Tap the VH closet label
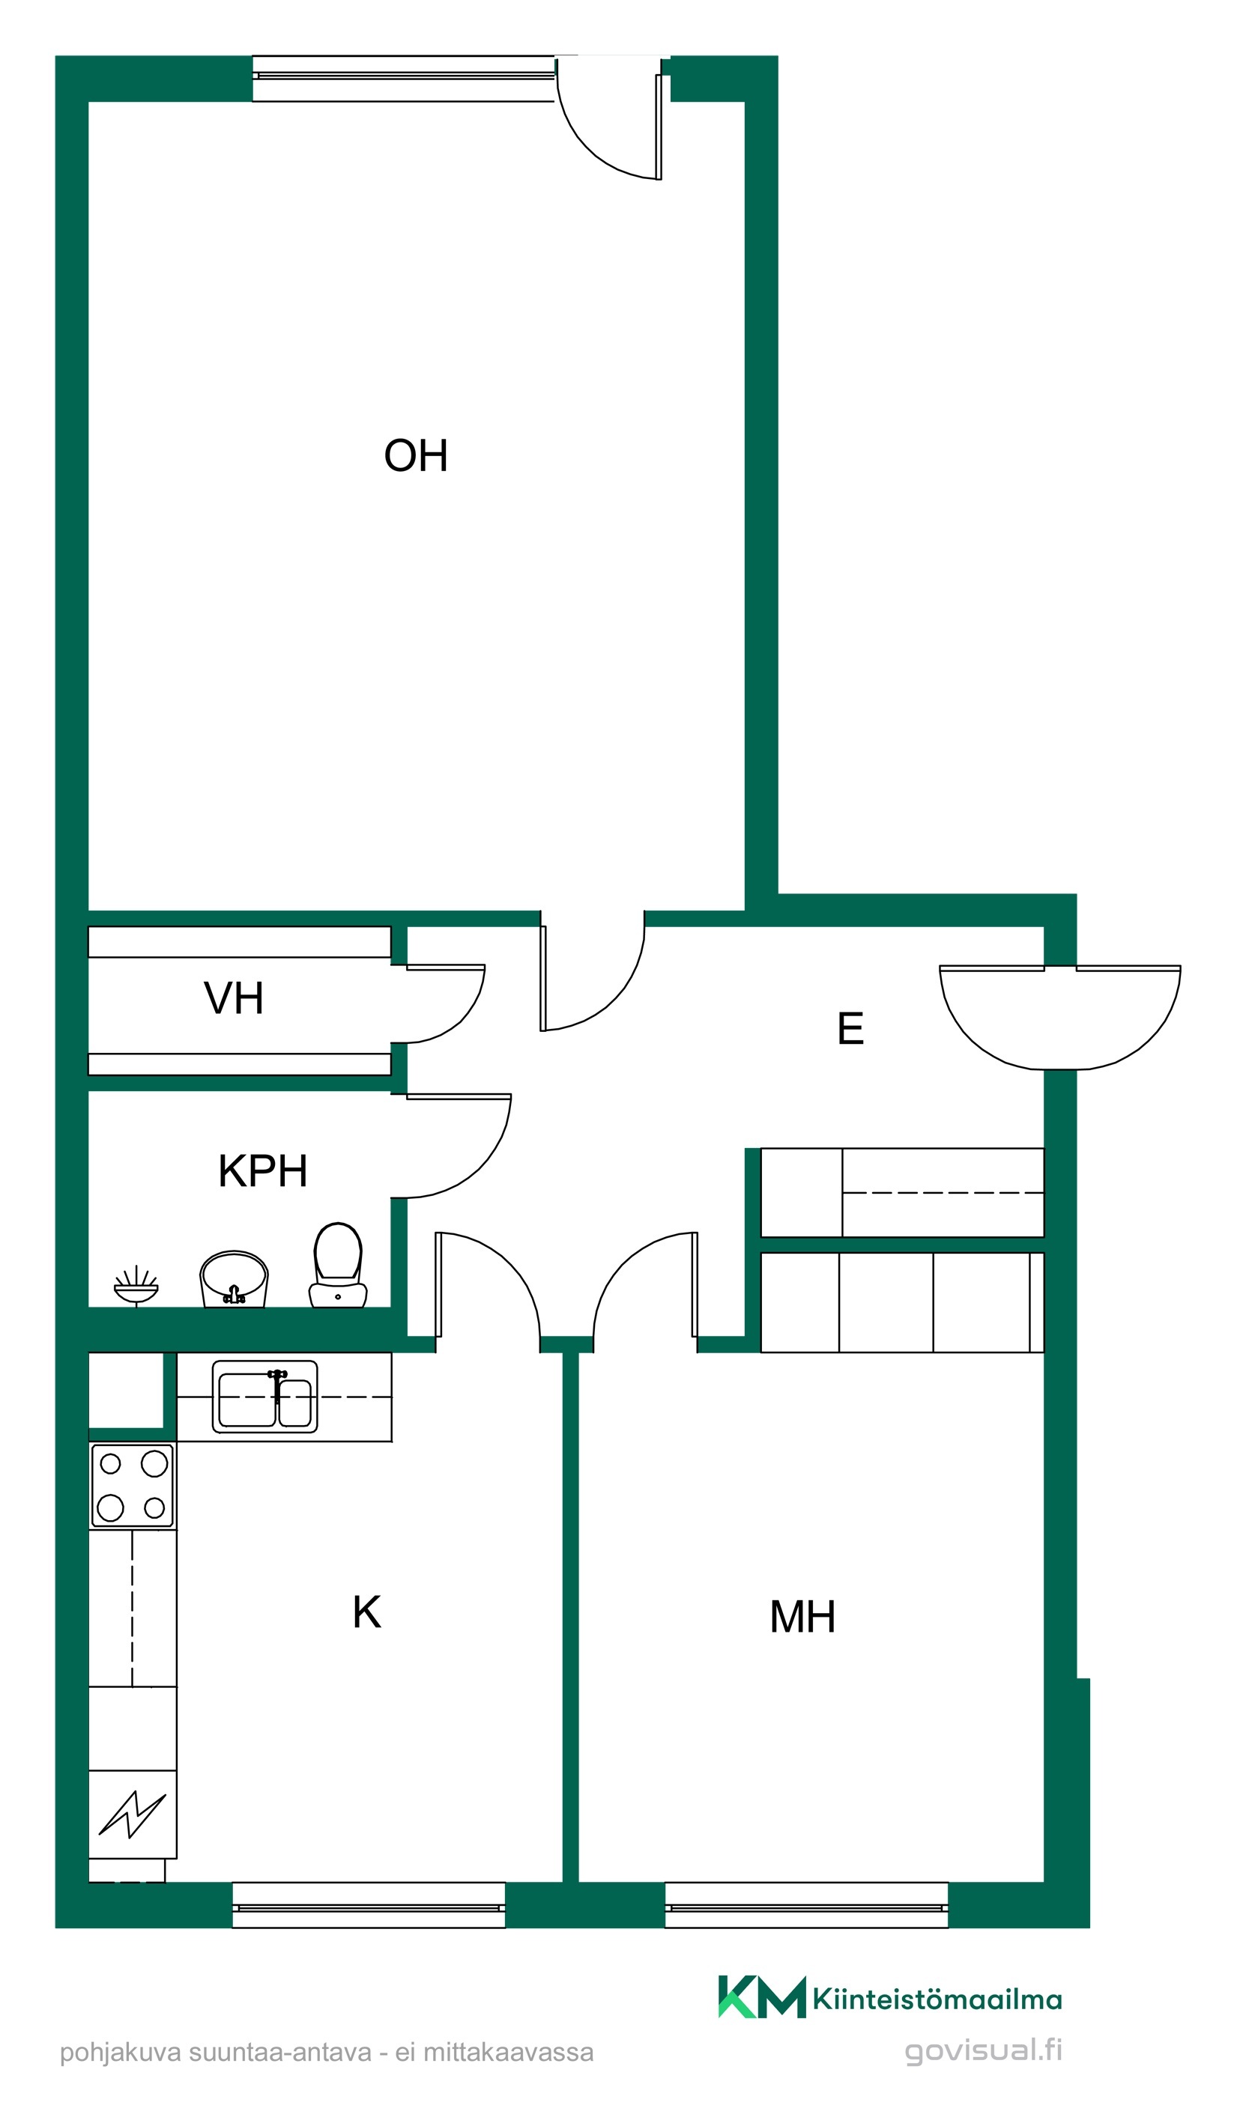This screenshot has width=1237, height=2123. (234, 997)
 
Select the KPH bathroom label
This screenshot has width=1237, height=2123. (263, 1170)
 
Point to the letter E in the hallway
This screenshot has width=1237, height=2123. (850, 1027)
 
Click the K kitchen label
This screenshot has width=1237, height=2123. (366, 1612)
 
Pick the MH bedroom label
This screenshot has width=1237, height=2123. (802, 1617)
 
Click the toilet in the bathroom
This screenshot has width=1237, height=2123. (338, 1265)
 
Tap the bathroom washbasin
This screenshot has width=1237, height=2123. (234, 1278)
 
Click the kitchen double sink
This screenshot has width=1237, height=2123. (264, 1396)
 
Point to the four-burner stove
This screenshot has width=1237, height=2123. (133, 1485)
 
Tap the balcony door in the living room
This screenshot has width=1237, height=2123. (608, 118)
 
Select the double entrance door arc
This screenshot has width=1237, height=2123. (1060, 1018)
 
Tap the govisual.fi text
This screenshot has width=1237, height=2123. (983, 2050)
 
